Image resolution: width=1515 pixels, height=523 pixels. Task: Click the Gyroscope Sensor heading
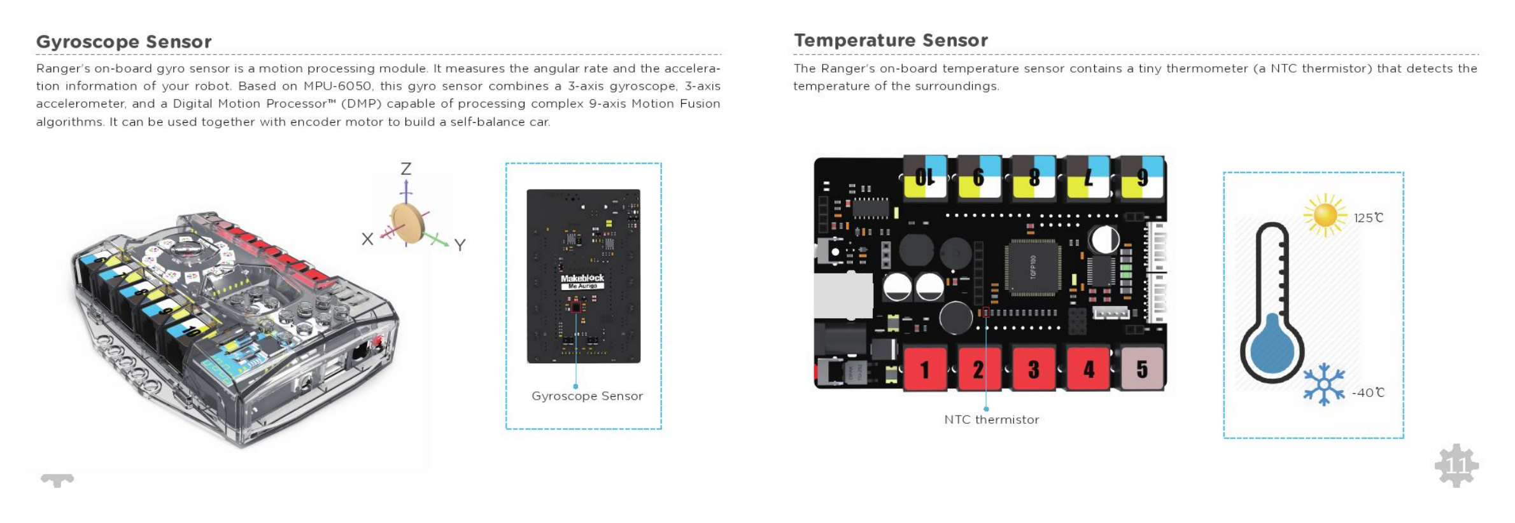[x=123, y=42]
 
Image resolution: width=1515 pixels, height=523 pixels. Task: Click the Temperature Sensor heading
[x=891, y=41]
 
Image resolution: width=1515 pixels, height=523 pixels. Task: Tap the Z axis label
[x=405, y=169]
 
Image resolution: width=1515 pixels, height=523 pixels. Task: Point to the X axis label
[x=367, y=239]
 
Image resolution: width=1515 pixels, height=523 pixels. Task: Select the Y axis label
[x=460, y=244]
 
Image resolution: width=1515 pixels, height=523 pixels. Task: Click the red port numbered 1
[x=924, y=368]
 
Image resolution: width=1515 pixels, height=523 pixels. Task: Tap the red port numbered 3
[x=1034, y=368]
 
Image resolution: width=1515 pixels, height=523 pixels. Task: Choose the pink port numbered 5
[x=1142, y=368]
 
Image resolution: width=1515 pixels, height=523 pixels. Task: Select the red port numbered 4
[x=1089, y=368]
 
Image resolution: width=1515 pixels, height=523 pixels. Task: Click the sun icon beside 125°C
[x=1325, y=214]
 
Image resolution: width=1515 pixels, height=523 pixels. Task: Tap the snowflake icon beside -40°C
[x=1323, y=384]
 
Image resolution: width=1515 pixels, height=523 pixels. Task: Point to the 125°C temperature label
[x=1369, y=218]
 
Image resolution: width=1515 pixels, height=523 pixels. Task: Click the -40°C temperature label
[x=1369, y=393]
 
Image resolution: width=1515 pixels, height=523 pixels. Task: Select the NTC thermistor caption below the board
[x=991, y=420]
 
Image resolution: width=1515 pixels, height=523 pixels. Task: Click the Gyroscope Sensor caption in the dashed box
[x=587, y=396]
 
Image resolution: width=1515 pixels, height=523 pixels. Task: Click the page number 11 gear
[x=1456, y=465]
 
